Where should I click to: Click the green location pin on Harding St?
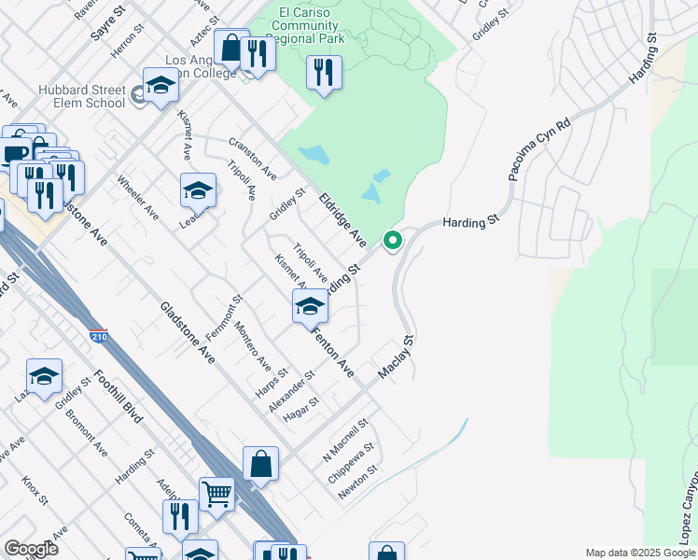pyautogui.click(x=393, y=241)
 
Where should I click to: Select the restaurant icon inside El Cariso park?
pyautogui.click(x=324, y=72)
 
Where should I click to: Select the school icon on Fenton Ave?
pyautogui.click(x=310, y=306)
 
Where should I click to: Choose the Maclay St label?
pyautogui.click(x=396, y=357)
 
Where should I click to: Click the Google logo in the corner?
pyautogui.click(x=31, y=548)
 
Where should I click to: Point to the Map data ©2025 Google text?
pyautogui.click(x=640, y=553)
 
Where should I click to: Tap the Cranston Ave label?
pyautogui.click(x=253, y=159)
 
